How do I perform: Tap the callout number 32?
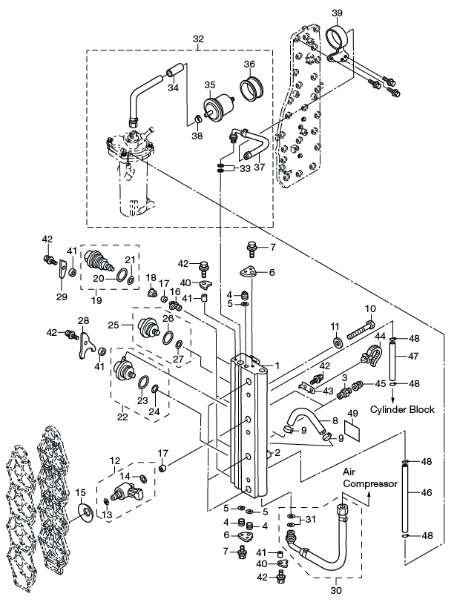pyautogui.click(x=198, y=38)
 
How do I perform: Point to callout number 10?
pyautogui.click(x=371, y=308)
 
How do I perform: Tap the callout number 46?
pyautogui.click(x=425, y=491)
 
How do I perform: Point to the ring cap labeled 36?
pyautogui.click(x=251, y=87)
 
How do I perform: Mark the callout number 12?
pyautogui.click(x=115, y=461)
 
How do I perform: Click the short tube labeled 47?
pyautogui.click(x=393, y=363)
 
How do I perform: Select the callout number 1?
pyautogui.click(x=276, y=365)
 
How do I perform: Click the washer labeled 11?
pyautogui.click(x=338, y=343)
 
